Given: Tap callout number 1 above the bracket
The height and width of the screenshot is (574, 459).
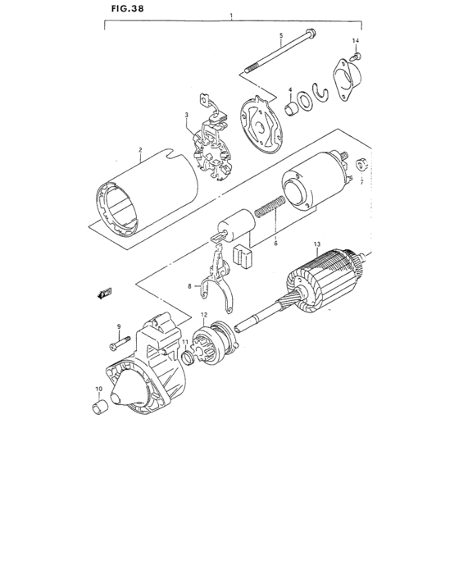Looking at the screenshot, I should tap(232, 16).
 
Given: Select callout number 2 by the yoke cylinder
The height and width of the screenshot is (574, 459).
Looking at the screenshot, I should tap(141, 150).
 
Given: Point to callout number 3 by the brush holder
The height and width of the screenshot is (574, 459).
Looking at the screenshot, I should tap(187, 115).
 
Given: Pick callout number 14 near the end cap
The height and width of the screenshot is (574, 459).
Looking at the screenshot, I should tap(356, 40).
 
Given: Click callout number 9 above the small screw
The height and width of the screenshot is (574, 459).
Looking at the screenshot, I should tap(118, 326).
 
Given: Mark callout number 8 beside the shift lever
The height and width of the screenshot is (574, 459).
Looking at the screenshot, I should tap(189, 286).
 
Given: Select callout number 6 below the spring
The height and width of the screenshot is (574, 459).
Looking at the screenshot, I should tap(275, 243).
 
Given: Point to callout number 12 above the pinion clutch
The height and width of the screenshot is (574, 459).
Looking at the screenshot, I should tap(204, 316).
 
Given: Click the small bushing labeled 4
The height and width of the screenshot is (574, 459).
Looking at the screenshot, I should tap(290, 108).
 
